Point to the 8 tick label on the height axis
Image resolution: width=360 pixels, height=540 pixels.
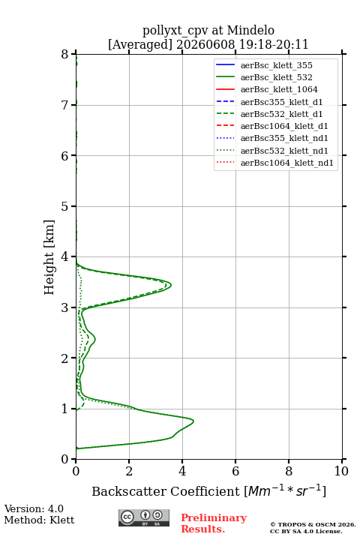tap(65, 54)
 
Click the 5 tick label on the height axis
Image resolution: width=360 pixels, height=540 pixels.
tap(65, 206)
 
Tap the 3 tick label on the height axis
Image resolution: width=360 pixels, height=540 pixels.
tap(65, 307)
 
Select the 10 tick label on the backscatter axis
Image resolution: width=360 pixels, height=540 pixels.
tap(341, 471)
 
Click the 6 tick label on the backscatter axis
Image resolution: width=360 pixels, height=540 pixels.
tap(235, 471)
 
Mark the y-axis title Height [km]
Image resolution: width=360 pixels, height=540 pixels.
tap(49, 257)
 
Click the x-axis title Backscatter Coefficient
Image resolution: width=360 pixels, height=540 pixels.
tap(166, 491)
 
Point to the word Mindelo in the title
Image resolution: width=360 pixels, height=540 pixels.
tap(250, 30)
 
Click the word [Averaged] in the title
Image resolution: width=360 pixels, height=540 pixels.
tap(140, 44)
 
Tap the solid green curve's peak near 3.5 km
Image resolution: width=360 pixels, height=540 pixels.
tap(171, 285)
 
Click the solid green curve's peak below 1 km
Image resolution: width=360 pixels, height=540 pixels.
tap(193, 421)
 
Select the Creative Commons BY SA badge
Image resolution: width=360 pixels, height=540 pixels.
tap(144, 517)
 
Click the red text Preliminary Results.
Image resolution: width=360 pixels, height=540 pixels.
tap(214, 523)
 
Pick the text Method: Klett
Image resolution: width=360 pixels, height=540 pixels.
tap(39, 520)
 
